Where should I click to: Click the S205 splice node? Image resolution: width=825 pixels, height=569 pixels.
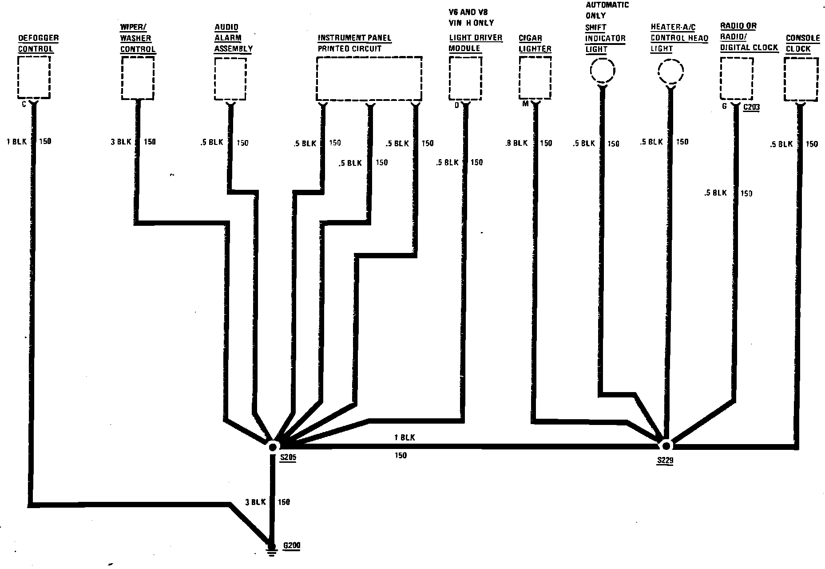point(273,446)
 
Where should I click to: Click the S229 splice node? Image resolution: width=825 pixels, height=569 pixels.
point(665,445)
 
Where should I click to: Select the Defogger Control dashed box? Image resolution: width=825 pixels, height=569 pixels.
point(34,77)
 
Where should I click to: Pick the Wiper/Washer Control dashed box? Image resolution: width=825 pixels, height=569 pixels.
point(138,78)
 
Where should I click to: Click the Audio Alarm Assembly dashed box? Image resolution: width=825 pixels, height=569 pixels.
point(230,79)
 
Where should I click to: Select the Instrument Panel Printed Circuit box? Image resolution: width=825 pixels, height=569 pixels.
point(369,79)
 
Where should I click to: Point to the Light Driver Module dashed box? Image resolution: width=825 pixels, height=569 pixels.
point(465,79)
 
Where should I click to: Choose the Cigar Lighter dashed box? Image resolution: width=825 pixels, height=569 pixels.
point(535,79)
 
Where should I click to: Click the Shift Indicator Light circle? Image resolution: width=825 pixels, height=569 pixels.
point(602,70)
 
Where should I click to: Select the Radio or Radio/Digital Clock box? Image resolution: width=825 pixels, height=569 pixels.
point(736,79)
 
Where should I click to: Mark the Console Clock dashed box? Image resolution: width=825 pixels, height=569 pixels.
point(801,80)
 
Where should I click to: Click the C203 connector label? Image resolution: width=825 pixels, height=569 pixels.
point(751,108)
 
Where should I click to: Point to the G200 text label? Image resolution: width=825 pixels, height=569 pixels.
point(291,546)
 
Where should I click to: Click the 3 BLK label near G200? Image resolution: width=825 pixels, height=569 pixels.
point(255,502)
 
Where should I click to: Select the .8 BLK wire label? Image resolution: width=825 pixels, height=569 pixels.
point(516,143)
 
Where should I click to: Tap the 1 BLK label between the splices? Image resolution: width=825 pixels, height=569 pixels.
point(404,437)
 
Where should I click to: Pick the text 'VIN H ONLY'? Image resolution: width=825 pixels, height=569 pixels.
point(471,23)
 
